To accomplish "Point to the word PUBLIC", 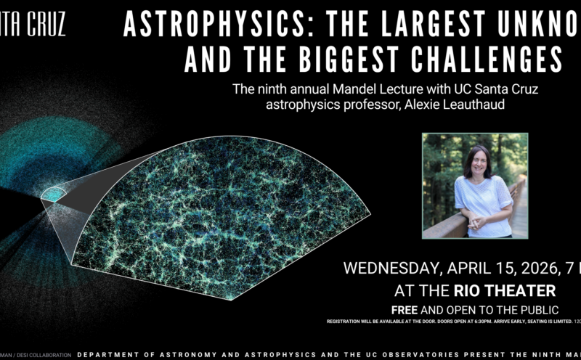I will [521, 309].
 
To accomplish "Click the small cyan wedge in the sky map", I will [53, 193].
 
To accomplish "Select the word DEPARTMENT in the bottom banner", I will [109, 355].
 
